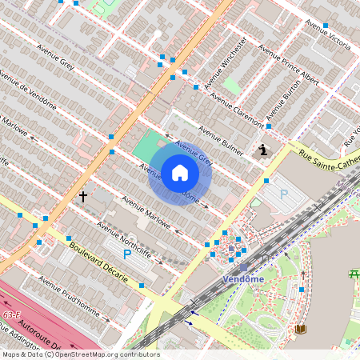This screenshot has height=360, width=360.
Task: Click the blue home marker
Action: click(x=180, y=173)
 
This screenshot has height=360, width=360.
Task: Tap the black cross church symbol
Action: click(x=82, y=195)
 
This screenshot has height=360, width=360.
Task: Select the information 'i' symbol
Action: click(x=264, y=150)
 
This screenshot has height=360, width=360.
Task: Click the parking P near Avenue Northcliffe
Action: click(x=127, y=254)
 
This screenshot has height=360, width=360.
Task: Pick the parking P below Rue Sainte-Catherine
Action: click(x=283, y=194)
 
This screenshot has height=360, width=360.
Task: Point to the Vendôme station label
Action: click(x=244, y=278)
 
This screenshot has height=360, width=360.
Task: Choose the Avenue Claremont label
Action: click(x=237, y=111)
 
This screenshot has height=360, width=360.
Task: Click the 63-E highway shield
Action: click(x=11, y=315)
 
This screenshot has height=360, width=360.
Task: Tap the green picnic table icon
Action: click(x=353, y=274)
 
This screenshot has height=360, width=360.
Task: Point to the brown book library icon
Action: click(x=301, y=329)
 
